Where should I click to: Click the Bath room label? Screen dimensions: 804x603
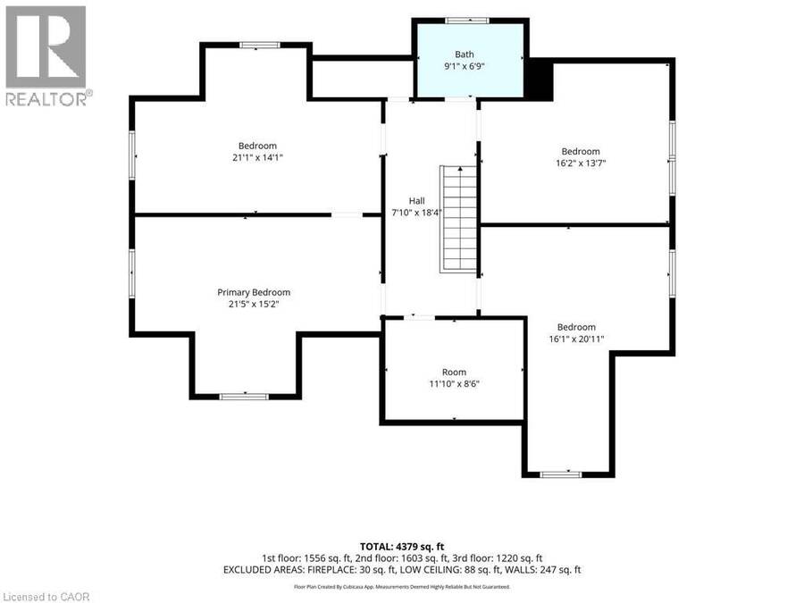[464, 54]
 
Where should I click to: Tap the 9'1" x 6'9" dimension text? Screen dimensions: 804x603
[464, 65]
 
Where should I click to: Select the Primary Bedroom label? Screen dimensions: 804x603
[254, 292]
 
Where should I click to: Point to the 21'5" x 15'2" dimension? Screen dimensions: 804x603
[254, 304]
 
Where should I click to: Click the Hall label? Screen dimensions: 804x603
[416, 201]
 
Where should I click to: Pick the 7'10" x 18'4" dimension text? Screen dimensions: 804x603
[416, 213]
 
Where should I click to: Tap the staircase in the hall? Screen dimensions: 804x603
[459, 219]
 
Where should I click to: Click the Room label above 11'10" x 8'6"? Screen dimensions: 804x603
[455, 373]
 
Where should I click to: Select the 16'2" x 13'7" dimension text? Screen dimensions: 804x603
[581, 163]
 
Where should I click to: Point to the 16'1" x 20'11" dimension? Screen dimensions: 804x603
[576, 339]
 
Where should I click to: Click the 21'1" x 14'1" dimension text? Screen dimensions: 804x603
[257, 157]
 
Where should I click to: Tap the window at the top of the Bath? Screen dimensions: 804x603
[466, 21]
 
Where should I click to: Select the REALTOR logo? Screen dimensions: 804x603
[48, 56]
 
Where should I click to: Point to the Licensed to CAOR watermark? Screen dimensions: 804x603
[46, 597]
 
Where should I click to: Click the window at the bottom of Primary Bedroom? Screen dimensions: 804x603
[244, 397]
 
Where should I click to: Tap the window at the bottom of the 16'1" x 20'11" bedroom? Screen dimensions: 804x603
[561, 474]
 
